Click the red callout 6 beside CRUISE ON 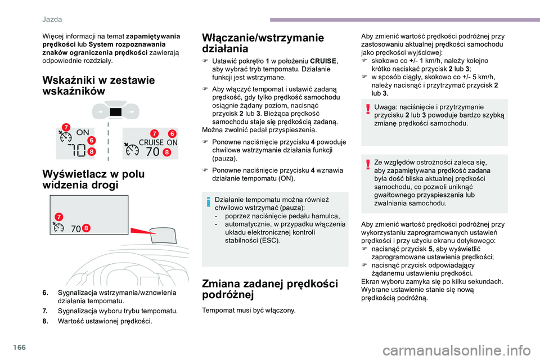point(172,133)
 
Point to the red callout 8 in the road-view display point(86,228)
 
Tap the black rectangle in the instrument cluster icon point(116,112)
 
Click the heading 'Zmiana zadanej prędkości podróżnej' point(269,289)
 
